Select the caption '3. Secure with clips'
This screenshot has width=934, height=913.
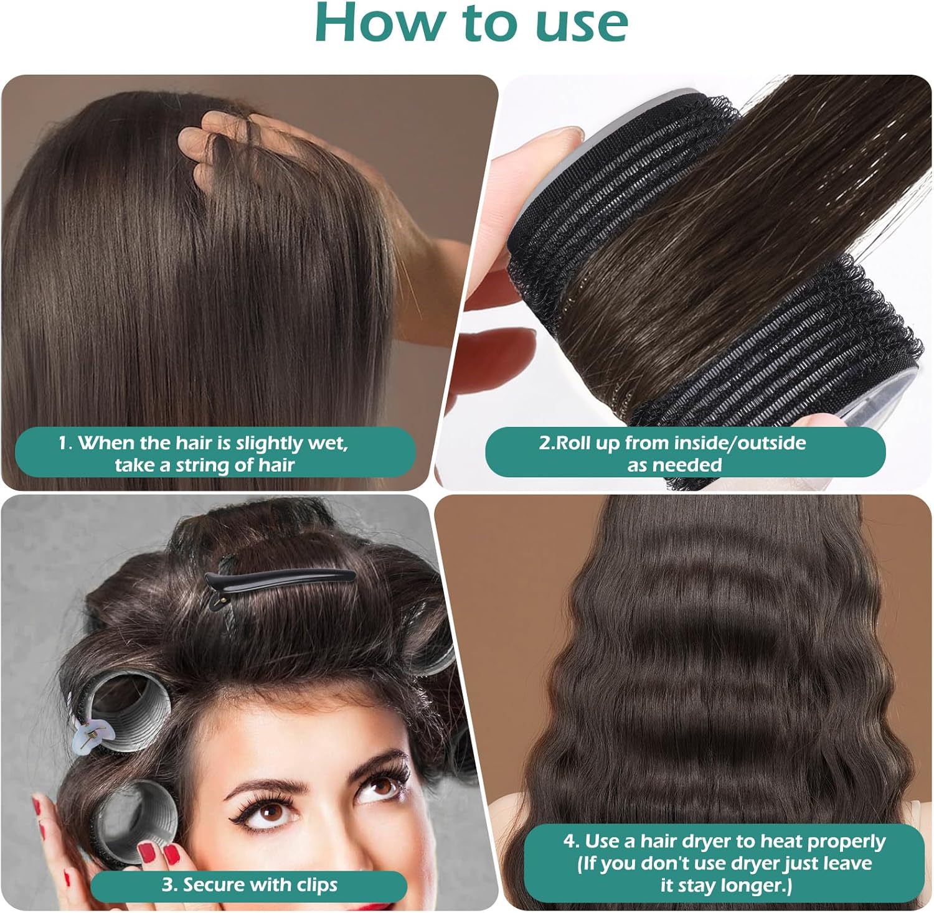249,885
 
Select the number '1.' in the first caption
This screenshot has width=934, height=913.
65,443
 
